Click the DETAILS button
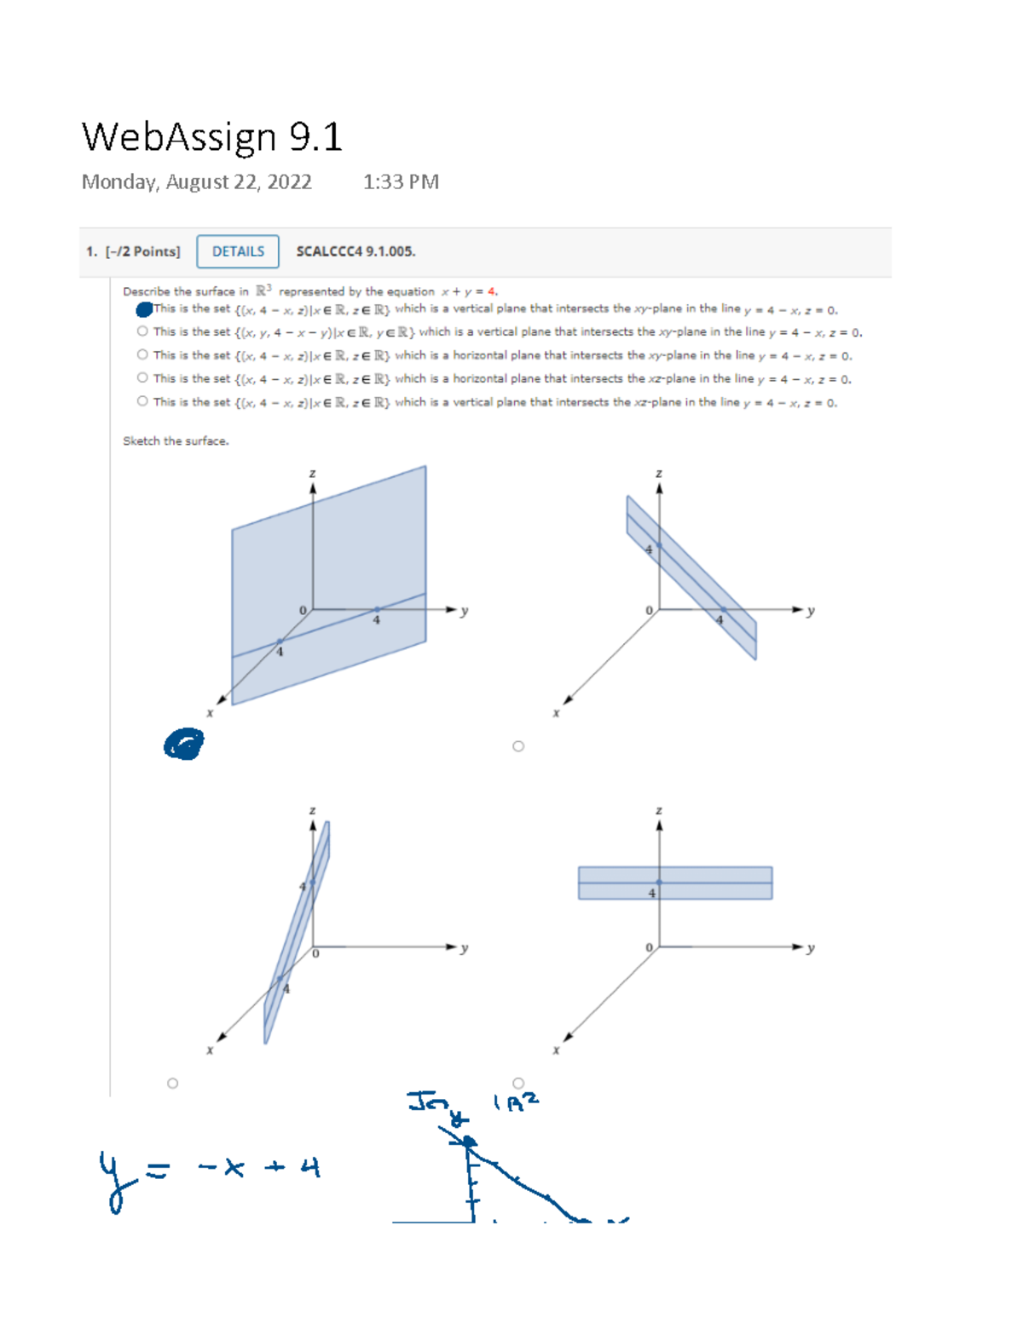238,251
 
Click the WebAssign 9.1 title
211,137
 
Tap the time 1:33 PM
401,182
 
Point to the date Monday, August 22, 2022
196,182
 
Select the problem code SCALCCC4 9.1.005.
355,251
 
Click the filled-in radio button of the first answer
143,309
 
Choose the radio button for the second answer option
142,331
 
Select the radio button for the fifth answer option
142,401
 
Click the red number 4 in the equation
491,291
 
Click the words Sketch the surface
176,441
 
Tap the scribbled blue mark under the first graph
183,745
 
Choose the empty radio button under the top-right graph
518,746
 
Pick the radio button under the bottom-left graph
173,1084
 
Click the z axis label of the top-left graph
312,474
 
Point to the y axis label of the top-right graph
811,611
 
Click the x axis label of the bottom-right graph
556,1050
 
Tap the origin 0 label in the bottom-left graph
315,953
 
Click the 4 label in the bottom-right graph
652,894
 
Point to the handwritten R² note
517,1102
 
